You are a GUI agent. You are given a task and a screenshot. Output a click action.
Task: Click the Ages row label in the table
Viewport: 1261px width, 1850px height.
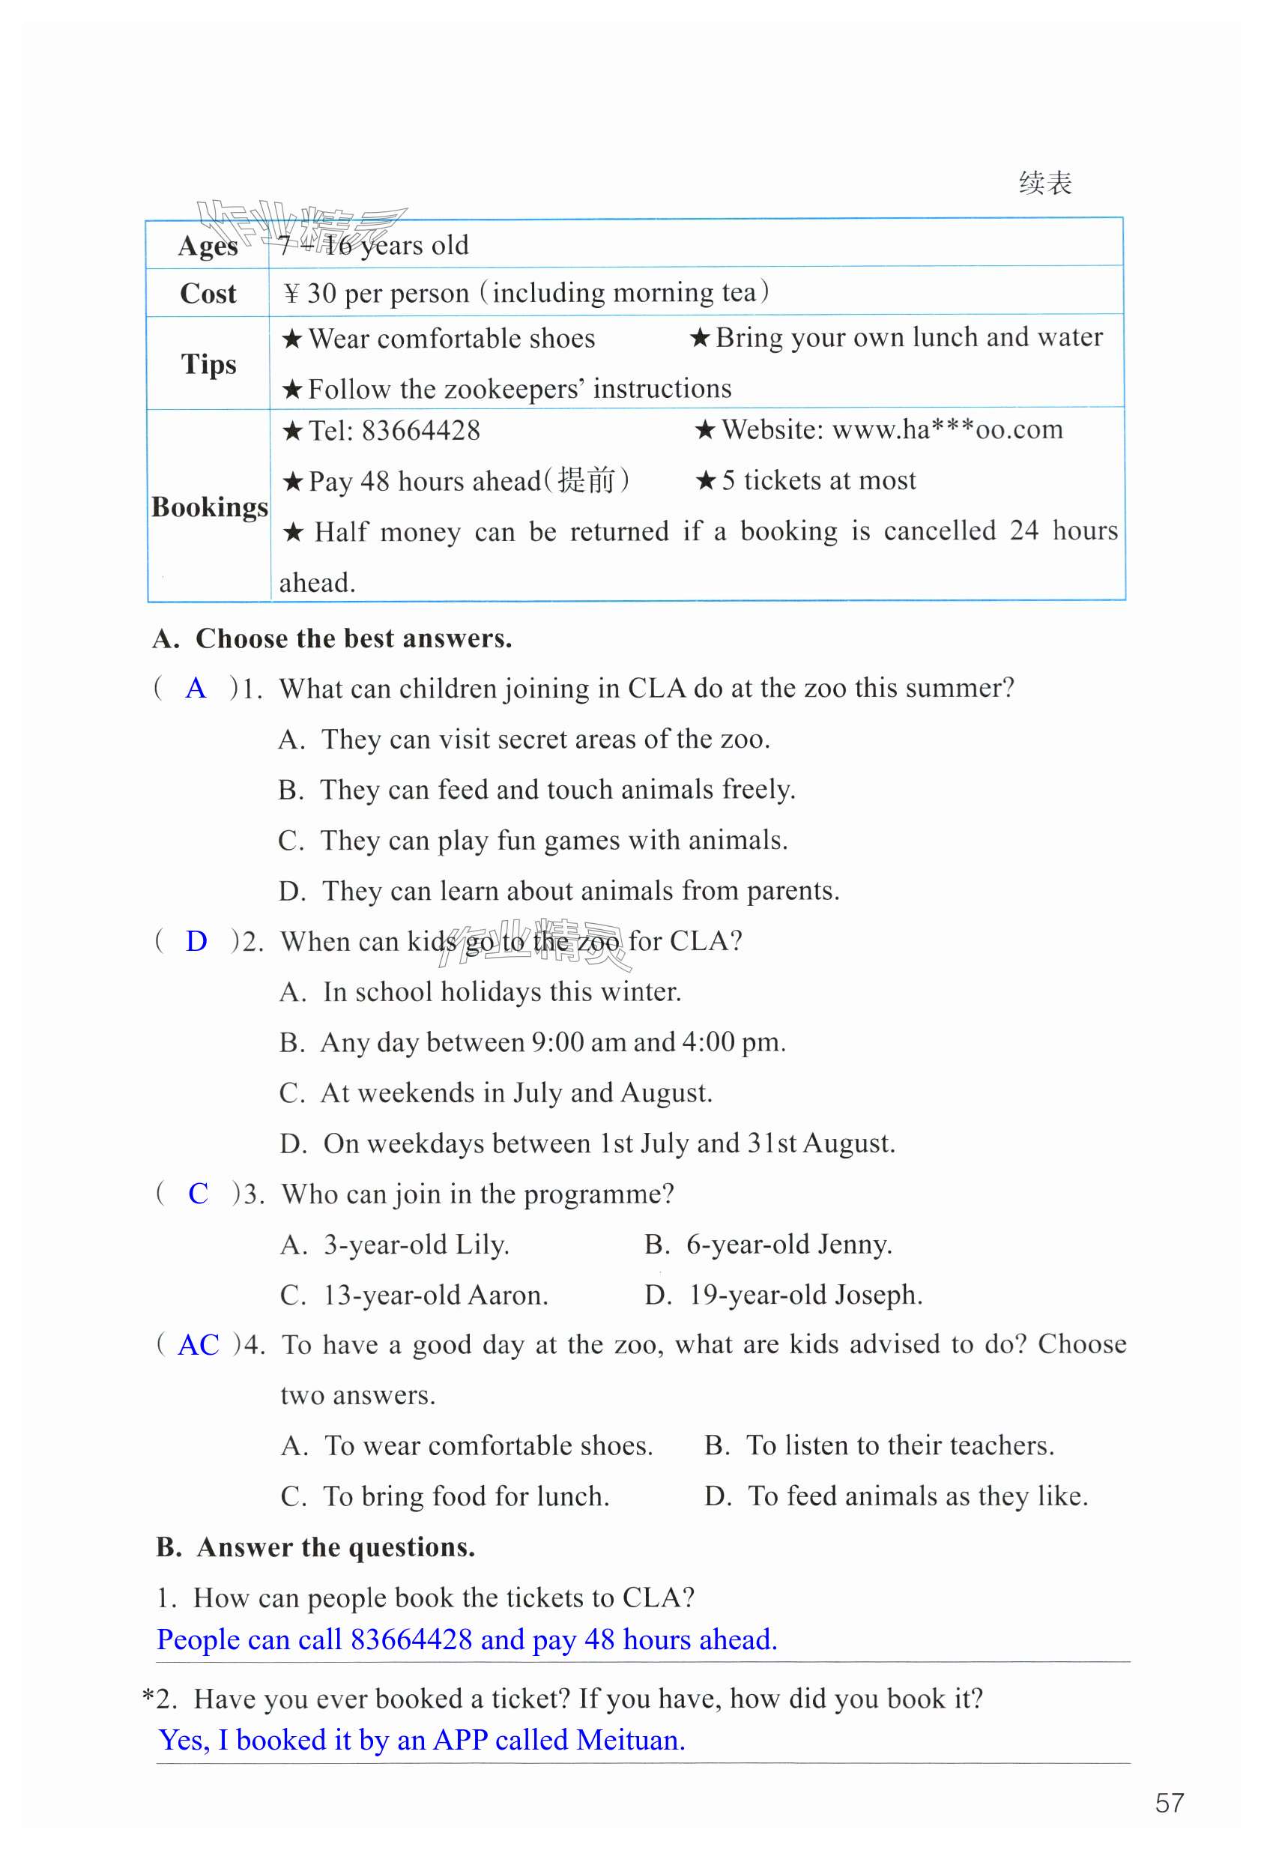pyautogui.click(x=207, y=245)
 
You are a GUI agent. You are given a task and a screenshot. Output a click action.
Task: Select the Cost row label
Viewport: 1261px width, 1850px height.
pyautogui.click(x=208, y=293)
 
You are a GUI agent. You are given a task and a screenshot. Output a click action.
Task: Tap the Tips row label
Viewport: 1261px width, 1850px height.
pyautogui.click(x=208, y=364)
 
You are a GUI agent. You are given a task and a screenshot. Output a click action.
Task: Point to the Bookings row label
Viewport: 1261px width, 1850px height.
pyautogui.click(x=209, y=507)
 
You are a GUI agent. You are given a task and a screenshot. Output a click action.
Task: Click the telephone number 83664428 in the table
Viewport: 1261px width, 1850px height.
pyautogui.click(x=420, y=431)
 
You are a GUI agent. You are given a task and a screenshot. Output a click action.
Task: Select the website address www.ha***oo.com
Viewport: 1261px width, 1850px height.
pyautogui.click(x=947, y=430)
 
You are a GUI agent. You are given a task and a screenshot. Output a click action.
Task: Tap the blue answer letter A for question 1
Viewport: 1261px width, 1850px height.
pyautogui.click(x=196, y=689)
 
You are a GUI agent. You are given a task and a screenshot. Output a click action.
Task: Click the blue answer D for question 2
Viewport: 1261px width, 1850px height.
pyautogui.click(x=196, y=941)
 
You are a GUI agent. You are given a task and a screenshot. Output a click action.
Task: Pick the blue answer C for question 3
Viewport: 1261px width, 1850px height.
pyautogui.click(x=198, y=1194)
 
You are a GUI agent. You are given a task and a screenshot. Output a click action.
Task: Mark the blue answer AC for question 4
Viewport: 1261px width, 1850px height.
pyautogui.click(x=199, y=1345)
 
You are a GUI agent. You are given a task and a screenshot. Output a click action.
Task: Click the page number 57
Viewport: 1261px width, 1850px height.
pyautogui.click(x=1169, y=1802)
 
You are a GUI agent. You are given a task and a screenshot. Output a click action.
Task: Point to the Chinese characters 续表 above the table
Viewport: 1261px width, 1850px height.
pyautogui.click(x=1044, y=183)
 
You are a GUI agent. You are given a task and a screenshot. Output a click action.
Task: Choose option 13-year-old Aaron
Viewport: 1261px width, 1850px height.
pyautogui.click(x=435, y=1296)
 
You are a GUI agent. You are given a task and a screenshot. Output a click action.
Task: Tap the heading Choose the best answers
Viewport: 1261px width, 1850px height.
pyautogui.click(x=354, y=638)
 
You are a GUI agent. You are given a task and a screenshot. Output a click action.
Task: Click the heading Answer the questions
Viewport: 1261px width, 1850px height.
pyautogui.click(x=335, y=1547)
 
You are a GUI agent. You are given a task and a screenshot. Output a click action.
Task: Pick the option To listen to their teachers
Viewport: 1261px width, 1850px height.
pyautogui.click(x=900, y=1445)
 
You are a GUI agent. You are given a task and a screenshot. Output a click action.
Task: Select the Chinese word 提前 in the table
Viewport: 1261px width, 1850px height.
pyautogui.click(x=587, y=481)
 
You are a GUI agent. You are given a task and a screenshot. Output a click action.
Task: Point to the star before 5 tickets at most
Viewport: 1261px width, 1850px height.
pyautogui.click(x=705, y=481)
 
